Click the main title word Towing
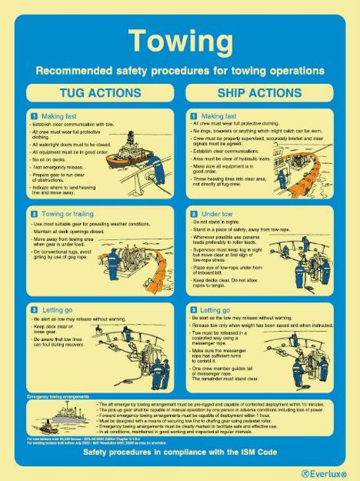point(179,40)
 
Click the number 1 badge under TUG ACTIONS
point(33,115)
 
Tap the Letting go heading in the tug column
point(58,309)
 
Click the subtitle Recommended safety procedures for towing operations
point(179,70)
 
